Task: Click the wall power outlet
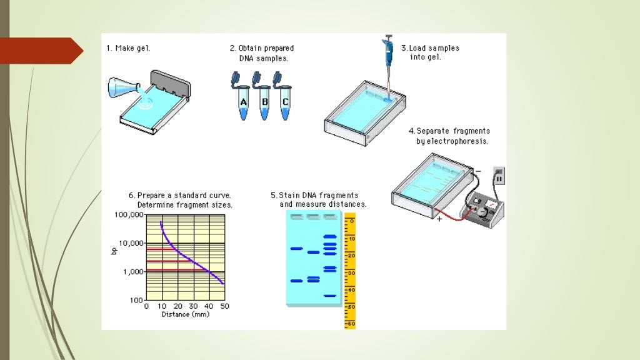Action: [499, 177]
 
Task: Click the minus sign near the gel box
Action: [477, 171]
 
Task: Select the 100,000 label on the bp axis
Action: [129, 214]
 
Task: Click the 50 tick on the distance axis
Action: [224, 306]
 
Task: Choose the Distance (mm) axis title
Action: [185, 314]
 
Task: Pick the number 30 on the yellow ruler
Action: [351, 272]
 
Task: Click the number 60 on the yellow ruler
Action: [351, 324]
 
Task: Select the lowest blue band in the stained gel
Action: [329, 295]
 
